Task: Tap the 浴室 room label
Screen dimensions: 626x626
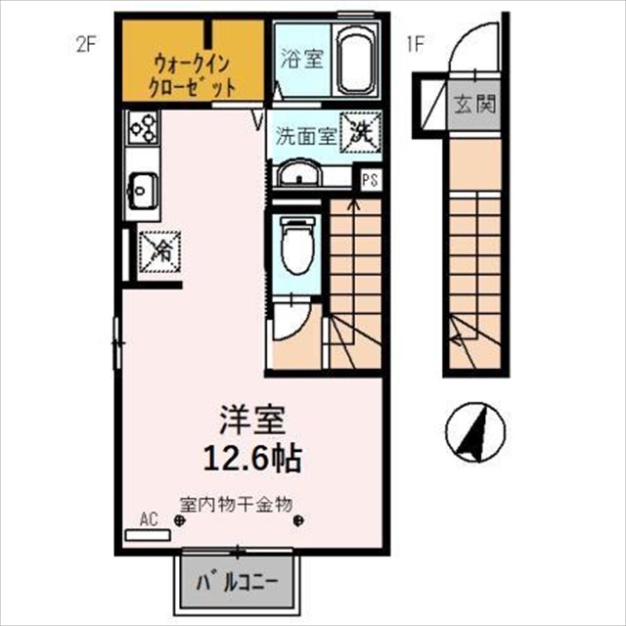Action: point(301,59)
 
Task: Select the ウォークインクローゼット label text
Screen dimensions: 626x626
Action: point(192,76)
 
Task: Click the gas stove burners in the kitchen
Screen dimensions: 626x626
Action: point(144,128)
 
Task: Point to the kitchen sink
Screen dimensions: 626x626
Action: point(141,191)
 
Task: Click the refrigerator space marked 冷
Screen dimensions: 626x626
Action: point(160,252)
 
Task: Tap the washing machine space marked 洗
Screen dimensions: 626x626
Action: point(361,133)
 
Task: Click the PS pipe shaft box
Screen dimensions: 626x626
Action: point(370,179)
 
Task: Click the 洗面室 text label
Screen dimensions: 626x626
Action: point(306,137)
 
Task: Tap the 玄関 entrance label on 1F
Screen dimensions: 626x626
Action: point(475,105)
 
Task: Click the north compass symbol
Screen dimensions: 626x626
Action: point(475,432)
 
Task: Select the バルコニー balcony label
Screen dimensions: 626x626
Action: point(237,584)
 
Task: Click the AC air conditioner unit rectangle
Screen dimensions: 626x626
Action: point(148,535)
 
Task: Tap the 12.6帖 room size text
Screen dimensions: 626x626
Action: point(252,459)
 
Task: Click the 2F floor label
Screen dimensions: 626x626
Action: point(86,45)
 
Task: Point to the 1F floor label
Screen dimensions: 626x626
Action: point(415,45)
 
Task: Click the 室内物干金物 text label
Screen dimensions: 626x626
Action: point(237,505)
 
